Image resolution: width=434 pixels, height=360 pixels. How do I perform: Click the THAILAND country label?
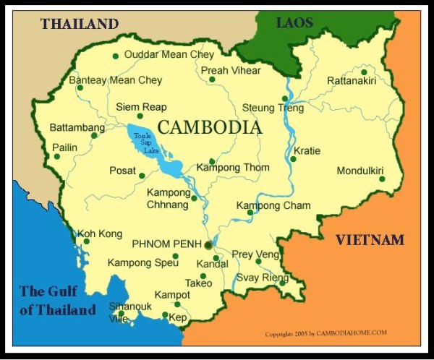(80, 24)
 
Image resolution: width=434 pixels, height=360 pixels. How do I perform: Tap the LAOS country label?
(294, 22)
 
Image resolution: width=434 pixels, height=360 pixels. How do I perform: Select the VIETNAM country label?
(370, 240)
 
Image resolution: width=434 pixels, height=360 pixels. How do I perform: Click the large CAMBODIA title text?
(209, 128)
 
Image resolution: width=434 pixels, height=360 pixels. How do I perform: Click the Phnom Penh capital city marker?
(208, 245)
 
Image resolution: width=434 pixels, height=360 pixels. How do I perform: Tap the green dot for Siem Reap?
(140, 116)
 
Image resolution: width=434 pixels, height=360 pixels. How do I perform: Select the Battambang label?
(72, 128)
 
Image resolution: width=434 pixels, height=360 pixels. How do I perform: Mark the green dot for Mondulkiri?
(382, 179)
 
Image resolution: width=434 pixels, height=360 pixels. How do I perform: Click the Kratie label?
(307, 151)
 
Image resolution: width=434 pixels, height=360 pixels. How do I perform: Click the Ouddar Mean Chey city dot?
(116, 56)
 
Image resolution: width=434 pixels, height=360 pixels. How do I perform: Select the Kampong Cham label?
(273, 206)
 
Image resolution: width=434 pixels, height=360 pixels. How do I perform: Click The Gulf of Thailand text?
(57, 301)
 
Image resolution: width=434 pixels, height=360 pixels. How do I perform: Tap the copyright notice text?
(326, 334)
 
